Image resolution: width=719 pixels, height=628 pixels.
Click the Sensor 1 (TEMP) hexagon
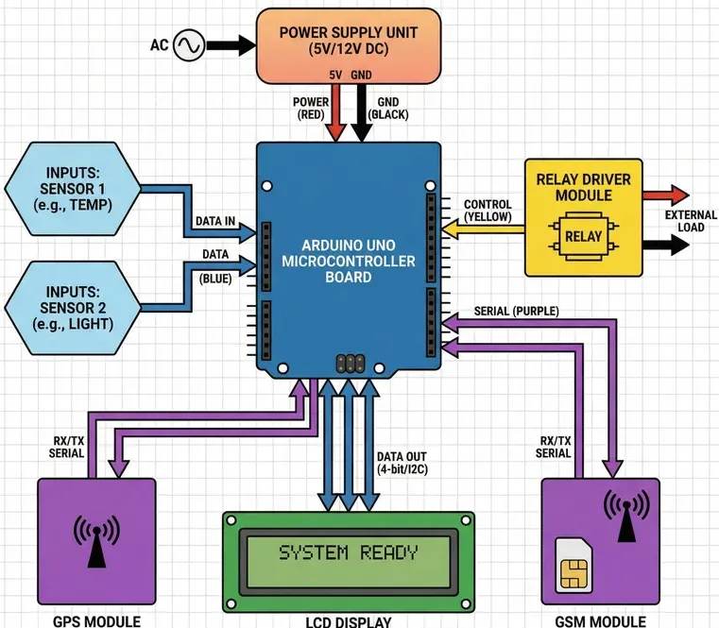(x=73, y=189)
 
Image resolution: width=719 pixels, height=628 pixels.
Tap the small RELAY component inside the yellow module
(x=583, y=236)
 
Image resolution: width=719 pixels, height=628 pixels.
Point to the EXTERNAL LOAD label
(x=690, y=221)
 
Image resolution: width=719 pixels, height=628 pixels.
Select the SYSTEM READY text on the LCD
(x=349, y=552)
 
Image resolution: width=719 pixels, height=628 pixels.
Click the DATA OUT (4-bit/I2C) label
(x=403, y=462)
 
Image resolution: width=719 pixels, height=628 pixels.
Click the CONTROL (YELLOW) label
(x=488, y=211)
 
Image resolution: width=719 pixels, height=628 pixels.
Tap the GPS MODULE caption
(x=95, y=620)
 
